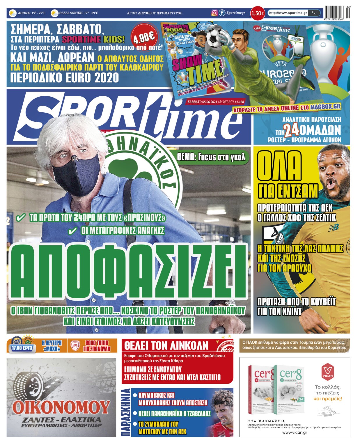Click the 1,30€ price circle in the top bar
click(x=258, y=13)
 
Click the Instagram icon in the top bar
click(x=214, y=13)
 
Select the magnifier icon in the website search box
click(x=314, y=13)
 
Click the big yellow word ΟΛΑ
click(x=279, y=169)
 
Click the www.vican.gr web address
click(x=295, y=432)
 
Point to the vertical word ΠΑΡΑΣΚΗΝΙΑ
click(x=126, y=412)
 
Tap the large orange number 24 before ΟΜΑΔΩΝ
click(x=292, y=131)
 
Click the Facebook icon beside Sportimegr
click(x=222, y=13)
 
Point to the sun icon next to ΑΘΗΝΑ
click(x=13, y=13)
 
